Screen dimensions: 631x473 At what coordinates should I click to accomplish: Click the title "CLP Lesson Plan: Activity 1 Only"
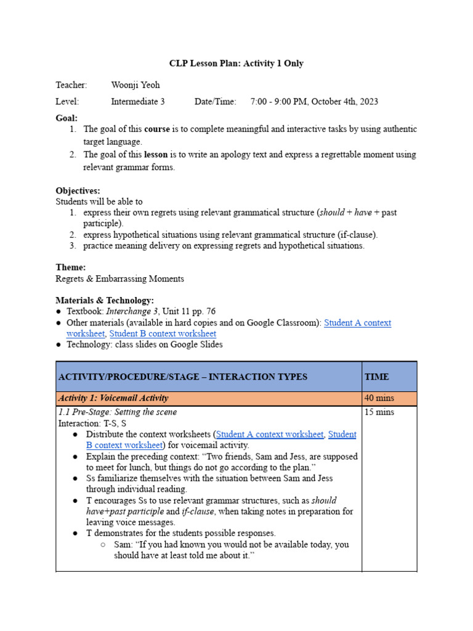click(x=236, y=63)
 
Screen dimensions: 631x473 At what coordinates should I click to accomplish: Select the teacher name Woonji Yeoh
click(x=135, y=85)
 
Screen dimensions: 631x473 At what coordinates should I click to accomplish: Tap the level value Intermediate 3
click(x=137, y=102)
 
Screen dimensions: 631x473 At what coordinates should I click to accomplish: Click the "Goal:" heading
click(x=67, y=118)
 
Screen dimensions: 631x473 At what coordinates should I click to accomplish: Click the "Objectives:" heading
click(x=78, y=190)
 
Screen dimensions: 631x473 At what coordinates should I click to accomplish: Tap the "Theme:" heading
click(x=71, y=267)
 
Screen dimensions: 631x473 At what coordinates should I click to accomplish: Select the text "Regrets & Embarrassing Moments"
click(x=119, y=279)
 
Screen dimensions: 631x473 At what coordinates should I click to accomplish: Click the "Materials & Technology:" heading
click(x=105, y=300)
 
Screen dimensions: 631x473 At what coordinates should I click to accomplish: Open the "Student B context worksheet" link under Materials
click(x=163, y=334)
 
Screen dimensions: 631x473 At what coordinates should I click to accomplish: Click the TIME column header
click(x=377, y=377)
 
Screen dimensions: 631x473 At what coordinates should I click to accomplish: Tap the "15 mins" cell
click(x=378, y=412)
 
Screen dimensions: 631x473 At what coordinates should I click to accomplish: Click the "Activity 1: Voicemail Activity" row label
click(x=113, y=399)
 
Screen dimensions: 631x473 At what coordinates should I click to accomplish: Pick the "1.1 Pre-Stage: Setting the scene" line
click(x=117, y=412)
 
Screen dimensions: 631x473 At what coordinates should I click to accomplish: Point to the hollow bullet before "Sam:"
click(x=102, y=545)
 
